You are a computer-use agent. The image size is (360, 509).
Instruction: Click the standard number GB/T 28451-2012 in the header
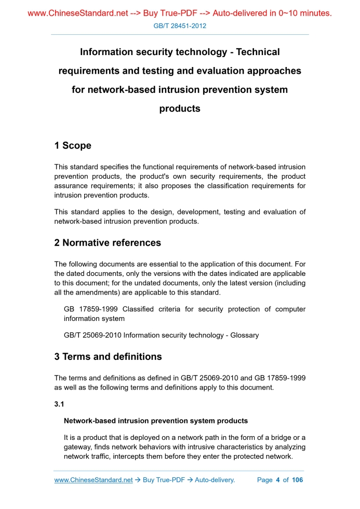click(x=180, y=25)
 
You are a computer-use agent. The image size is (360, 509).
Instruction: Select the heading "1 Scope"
click(x=73, y=146)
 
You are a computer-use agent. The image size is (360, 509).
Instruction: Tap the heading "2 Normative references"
click(x=108, y=243)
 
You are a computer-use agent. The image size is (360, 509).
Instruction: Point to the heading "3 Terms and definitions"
click(x=108, y=357)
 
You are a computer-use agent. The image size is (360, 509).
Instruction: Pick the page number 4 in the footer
click(x=278, y=480)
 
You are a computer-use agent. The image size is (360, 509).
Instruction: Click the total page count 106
click(x=297, y=480)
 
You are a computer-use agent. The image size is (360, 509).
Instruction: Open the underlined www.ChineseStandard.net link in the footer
click(x=94, y=480)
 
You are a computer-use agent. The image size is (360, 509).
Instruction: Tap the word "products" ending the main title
click(x=180, y=109)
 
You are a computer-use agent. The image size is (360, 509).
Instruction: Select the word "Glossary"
click(x=244, y=336)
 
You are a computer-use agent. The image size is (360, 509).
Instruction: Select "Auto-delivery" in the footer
click(x=215, y=480)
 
